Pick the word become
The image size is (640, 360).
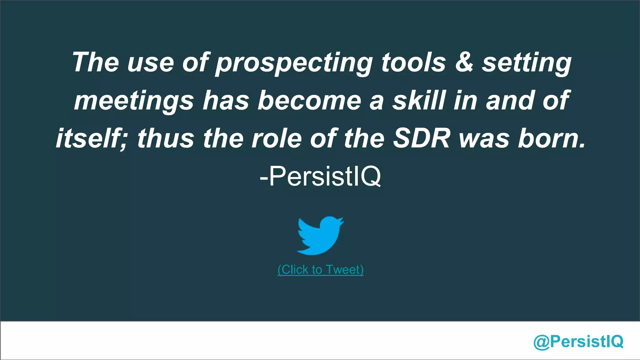[x=309, y=100]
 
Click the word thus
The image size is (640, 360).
[x=166, y=138]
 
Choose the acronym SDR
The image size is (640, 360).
[x=422, y=138]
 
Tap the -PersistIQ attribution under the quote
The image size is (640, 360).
[x=320, y=177]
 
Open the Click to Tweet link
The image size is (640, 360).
[x=320, y=269]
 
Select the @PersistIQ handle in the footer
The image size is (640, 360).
[x=578, y=341]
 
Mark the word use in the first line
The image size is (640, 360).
[x=150, y=62]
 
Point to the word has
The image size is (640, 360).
[x=226, y=100]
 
